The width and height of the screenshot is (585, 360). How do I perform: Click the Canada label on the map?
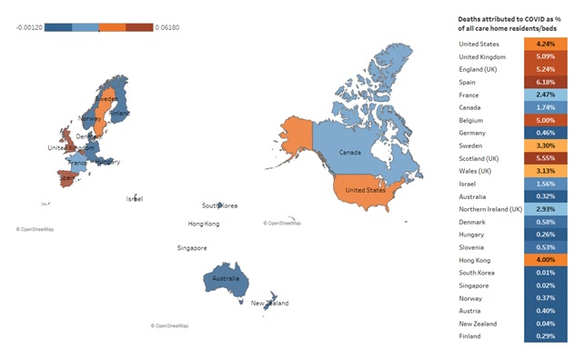pyautogui.click(x=350, y=153)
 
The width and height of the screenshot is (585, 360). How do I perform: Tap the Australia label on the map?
pyautogui.click(x=225, y=278)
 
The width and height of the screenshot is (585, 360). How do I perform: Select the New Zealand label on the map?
pyautogui.click(x=269, y=303)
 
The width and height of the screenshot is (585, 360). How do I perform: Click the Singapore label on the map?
pyautogui.click(x=192, y=247)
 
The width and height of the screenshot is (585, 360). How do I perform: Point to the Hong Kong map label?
pyautogui.click(x=204, y=224)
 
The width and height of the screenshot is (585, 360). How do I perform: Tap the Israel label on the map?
pyautogui.click(x=134, y=198)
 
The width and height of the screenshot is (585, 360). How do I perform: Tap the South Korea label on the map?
pyautogui.click(x=220, y=206)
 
